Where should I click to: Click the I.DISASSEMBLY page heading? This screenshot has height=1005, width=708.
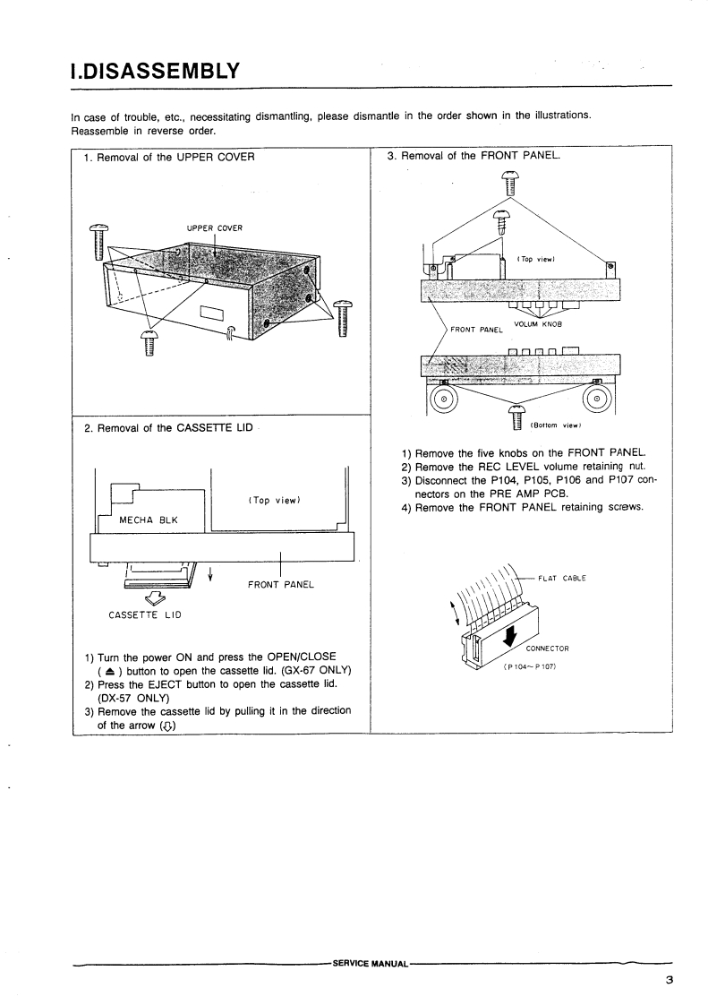[155, 69]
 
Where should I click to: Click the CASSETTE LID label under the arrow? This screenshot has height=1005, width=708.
[144, 614]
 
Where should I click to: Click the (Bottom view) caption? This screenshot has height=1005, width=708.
[557, 425]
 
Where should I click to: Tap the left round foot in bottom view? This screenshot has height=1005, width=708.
[443, 397]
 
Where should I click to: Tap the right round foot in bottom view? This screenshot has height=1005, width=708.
[596, 397]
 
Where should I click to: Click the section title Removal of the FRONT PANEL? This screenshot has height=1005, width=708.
[473, 155]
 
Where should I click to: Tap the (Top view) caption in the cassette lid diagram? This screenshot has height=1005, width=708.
[272, 500]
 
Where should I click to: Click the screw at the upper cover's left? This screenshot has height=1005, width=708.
[98, 240]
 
